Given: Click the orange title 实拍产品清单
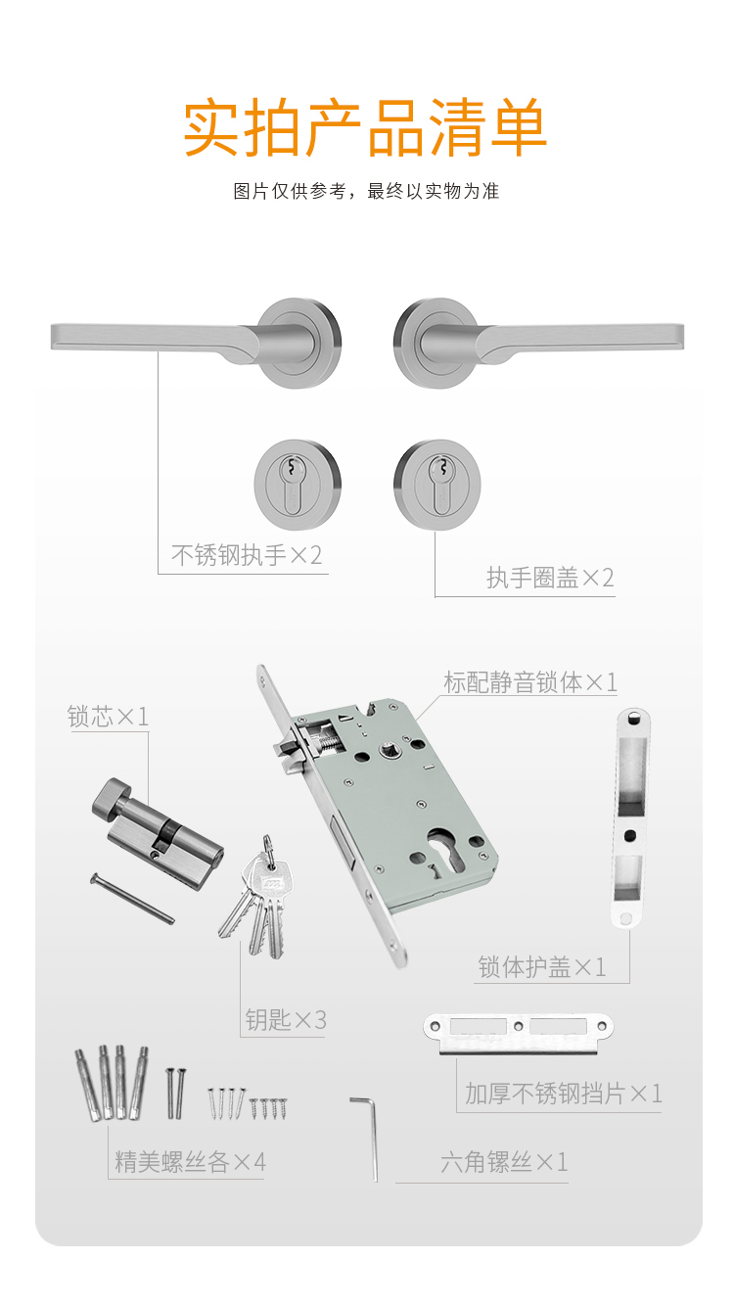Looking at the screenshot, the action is tap(365, 127).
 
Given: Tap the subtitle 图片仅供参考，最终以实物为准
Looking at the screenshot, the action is tap(366, 191).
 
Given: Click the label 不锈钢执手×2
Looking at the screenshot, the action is tap(247, 555).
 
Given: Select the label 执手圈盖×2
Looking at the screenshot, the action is tap(550, 578).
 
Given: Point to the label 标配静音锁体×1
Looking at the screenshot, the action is tap(530, 682).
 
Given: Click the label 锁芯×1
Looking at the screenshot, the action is tap(109, 717).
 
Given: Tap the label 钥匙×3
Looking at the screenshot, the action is tap(286, 1019).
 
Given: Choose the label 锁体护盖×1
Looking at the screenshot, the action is tap(542, 967).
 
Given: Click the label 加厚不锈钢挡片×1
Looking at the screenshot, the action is tap(564, 1094).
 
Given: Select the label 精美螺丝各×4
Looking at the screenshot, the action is tap(190, 1162).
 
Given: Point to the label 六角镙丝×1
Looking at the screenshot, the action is tap(504, 1162).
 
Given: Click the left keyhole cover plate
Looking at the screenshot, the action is tap(298, 485).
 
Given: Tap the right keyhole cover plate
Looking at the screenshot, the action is tap(437, 485).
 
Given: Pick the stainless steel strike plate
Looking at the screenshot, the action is tap(519, 1034).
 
